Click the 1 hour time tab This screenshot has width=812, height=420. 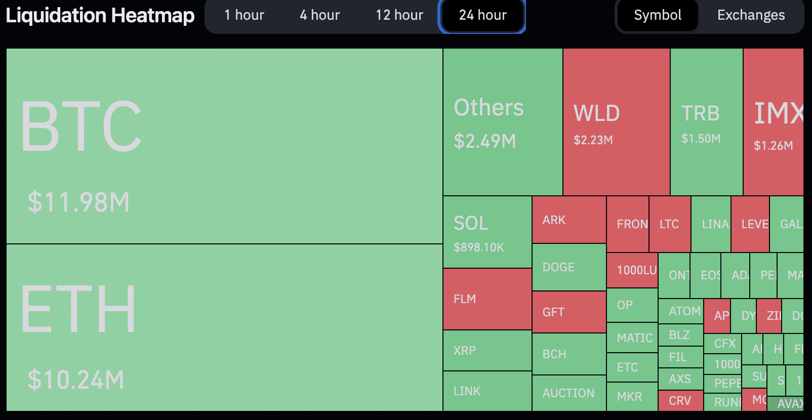click(x=244, y=15)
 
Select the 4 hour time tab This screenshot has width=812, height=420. click(x=319, y=15)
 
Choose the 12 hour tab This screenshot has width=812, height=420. click(x=399, y=15)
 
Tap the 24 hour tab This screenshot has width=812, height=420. click(x=482, y=15)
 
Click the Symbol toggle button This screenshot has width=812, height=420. click(x=657, y=15)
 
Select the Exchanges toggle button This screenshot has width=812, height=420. click(x=751, y=15)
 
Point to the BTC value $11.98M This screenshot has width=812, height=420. click(x=78, y=202)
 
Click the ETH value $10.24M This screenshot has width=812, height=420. click(x=76, y=380)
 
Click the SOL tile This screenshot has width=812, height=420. click(x=487, y=232)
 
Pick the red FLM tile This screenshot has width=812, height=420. click(x=487, y=299)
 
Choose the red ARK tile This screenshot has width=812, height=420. click(x=569, y=220)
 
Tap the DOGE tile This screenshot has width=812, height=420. click(x=569, y=267)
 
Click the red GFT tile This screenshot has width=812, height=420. click(x=569, y=312)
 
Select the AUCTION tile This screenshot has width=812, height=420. click(x=569, y=393)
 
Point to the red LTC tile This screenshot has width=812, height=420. click(x=670, y=224)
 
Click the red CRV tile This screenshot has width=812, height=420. click(x=680, y=401)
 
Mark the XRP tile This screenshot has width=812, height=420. click(x=487, y=350)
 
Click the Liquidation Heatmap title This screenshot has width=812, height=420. click(x=100, y=15)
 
